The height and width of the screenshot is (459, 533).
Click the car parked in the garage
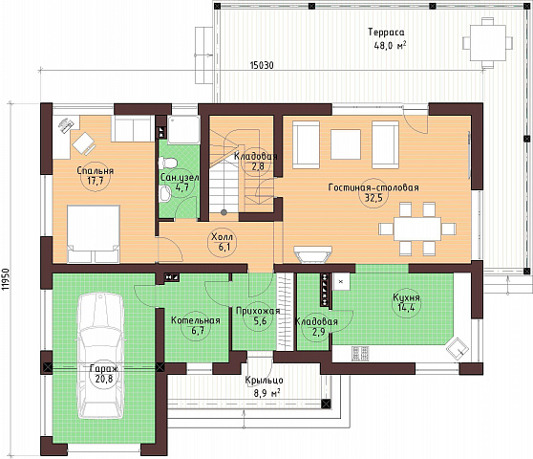[100, 356]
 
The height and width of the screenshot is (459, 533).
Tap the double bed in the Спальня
[94, 233]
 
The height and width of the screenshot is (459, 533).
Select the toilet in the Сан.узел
[167, 163]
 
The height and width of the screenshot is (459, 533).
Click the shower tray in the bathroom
[183, 130]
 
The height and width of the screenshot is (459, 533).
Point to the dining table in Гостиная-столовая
[417, 229]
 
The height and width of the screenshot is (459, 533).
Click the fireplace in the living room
[312, 254]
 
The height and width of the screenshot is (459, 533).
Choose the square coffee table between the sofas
[346, 144]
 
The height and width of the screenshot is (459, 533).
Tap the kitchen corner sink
[458, 348]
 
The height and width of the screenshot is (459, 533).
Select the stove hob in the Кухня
[360, 353]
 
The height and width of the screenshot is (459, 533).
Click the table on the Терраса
[488, 43]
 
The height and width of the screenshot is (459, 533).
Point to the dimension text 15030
[262, 65]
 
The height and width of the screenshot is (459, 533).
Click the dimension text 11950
[5, 279]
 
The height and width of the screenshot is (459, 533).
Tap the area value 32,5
[373, 198]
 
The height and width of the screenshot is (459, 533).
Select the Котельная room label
[196, 320]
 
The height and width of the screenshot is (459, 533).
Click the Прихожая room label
[258, 311]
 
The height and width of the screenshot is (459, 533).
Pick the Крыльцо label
[265, 380]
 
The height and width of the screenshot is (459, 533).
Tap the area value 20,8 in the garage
[104, 379]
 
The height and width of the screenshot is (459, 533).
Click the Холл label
[222, 237]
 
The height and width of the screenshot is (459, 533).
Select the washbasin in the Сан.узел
[165, 194]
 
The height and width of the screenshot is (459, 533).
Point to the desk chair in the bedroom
[84, 142]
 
